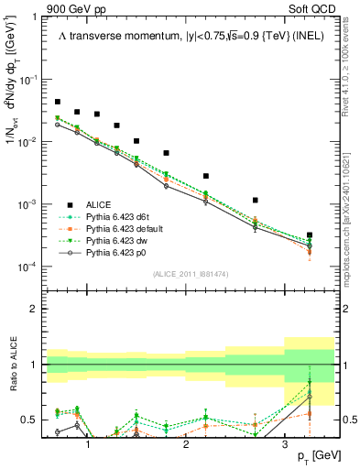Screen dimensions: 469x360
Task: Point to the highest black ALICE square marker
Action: pos(58,102)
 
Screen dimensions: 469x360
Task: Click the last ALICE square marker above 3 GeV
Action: pos(310,235)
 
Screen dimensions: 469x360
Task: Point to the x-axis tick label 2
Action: pos(186,443)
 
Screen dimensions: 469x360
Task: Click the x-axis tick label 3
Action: pos(285,443)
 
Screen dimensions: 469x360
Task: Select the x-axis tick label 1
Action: pos(88,443)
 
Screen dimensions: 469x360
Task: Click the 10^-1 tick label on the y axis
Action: pos(30,80)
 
